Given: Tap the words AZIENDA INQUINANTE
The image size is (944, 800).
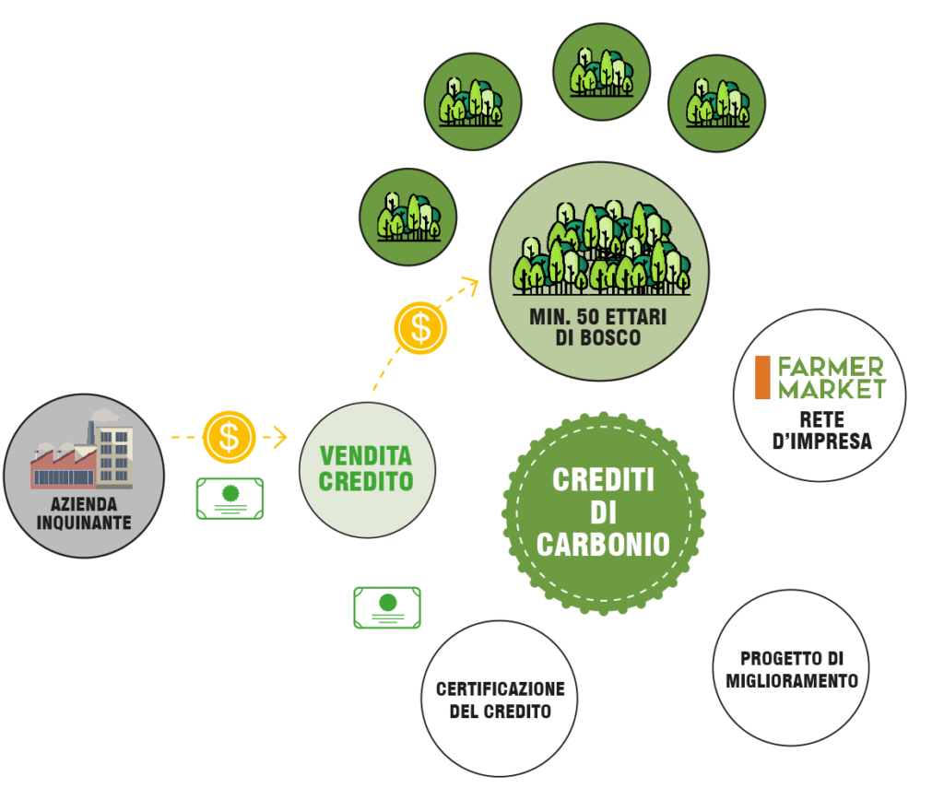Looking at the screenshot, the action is click(84, 513).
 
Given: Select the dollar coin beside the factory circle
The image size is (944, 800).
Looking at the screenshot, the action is click(229, 437).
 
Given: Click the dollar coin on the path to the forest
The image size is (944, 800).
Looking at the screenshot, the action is click(420, 328).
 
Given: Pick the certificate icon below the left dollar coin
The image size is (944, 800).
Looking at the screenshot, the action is click(230, 499).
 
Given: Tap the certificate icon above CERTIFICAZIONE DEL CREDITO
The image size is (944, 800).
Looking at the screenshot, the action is click(387, 607).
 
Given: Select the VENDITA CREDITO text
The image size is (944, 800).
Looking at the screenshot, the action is click(366, 469).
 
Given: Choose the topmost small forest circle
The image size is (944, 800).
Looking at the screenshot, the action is click(601, 72).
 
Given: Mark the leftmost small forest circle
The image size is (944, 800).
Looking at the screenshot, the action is click(408, 217).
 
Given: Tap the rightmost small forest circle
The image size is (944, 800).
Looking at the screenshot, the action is click(716, 103).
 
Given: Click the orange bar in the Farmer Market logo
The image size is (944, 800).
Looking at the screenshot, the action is click(762, 378).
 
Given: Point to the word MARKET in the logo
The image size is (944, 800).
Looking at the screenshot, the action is click(832, 389).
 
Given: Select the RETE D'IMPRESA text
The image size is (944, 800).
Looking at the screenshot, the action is click(821, 430).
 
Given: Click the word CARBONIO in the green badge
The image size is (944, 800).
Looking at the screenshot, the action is click(603, 544).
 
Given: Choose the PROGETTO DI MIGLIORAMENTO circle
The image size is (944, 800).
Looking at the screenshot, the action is click(791, 667).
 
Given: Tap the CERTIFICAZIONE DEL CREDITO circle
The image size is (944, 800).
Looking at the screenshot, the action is click(500, 699).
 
